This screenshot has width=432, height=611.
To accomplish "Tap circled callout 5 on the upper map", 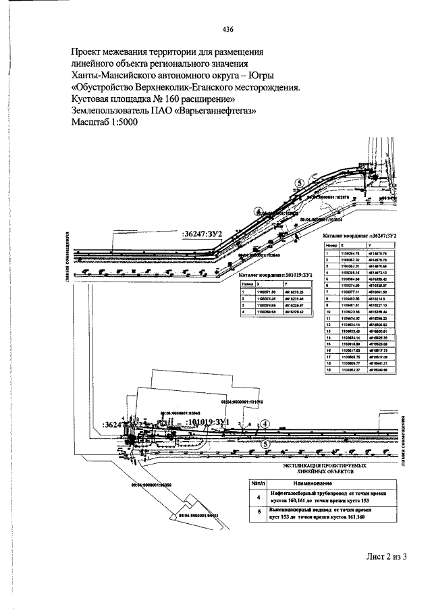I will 300,183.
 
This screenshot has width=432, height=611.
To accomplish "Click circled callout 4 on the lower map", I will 266,423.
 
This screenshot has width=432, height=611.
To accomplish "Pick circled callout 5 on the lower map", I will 266,444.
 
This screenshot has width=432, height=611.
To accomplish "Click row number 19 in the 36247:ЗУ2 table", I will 327,370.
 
